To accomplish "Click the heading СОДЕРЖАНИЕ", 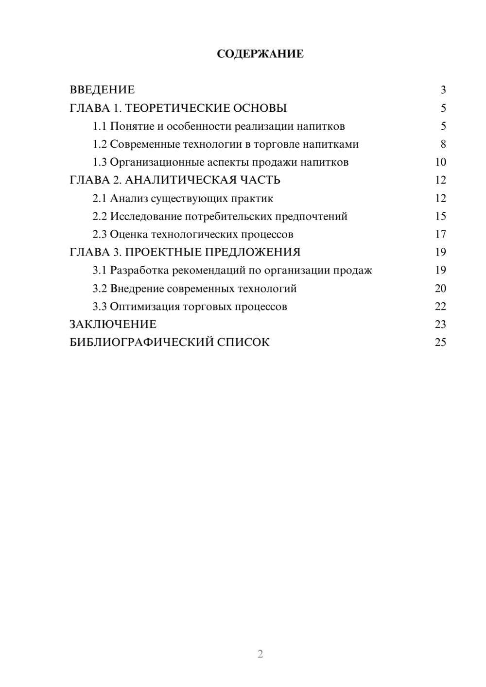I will pos(260,54).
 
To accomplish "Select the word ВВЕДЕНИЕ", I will pos(102,90).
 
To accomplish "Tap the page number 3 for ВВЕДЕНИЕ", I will pos(443,90).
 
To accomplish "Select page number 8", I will pos(443,144).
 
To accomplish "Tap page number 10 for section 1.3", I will pos(440,162).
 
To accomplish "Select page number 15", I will pos(440,217).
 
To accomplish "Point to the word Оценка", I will pos(129,235).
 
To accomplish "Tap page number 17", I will pos(440,235).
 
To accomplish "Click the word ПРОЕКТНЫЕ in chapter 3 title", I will pos(165,252).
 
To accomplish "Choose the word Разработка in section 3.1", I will pos(139,271).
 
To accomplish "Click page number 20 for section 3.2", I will pos(440,289).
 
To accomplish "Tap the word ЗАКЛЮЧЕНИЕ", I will pos(113,325).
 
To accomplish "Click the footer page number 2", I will pos(260,654).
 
